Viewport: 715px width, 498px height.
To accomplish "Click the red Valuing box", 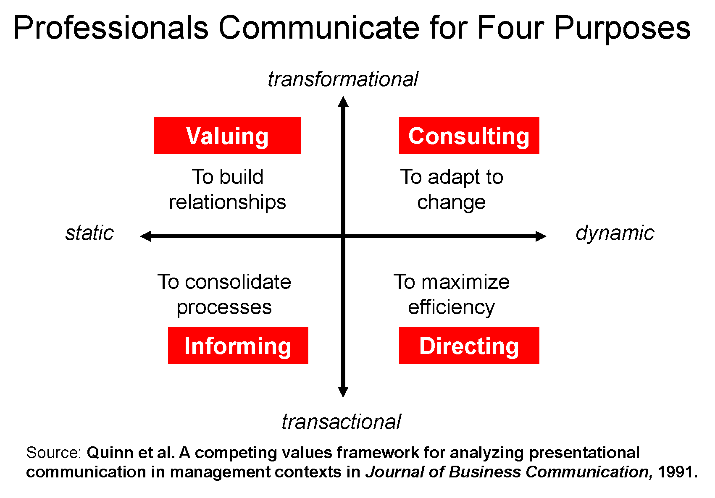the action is click(227, 136).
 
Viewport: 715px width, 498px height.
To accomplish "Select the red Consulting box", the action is click(469, 136).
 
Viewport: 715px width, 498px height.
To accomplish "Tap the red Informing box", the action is click(238, 346).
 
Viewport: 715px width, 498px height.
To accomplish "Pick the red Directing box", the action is click(469, 346).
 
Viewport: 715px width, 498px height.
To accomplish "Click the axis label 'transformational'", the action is click(343, 79).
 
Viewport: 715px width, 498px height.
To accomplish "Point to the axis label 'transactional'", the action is click(341, 422).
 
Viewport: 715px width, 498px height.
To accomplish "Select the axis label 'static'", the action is click(89, 233).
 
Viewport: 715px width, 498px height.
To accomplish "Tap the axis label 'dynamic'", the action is click(615, 233).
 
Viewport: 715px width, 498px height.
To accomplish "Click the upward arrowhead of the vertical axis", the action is click(343, 102).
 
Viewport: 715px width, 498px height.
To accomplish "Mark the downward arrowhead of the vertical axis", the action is click(343, 392).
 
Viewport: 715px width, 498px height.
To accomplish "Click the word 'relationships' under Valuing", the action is click(227, 202).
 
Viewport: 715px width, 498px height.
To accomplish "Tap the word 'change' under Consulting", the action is click(452, 202).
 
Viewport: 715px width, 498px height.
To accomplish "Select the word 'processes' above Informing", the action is click(224, 307).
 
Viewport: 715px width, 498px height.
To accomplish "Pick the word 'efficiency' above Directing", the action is click(452, 307).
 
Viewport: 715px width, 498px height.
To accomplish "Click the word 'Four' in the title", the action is click(511, 28).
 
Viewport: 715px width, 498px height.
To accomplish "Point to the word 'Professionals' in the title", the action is click(111, 28).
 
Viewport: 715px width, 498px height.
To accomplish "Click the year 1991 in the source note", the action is click(677, 472).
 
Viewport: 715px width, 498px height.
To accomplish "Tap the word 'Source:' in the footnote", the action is click(53, 453).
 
